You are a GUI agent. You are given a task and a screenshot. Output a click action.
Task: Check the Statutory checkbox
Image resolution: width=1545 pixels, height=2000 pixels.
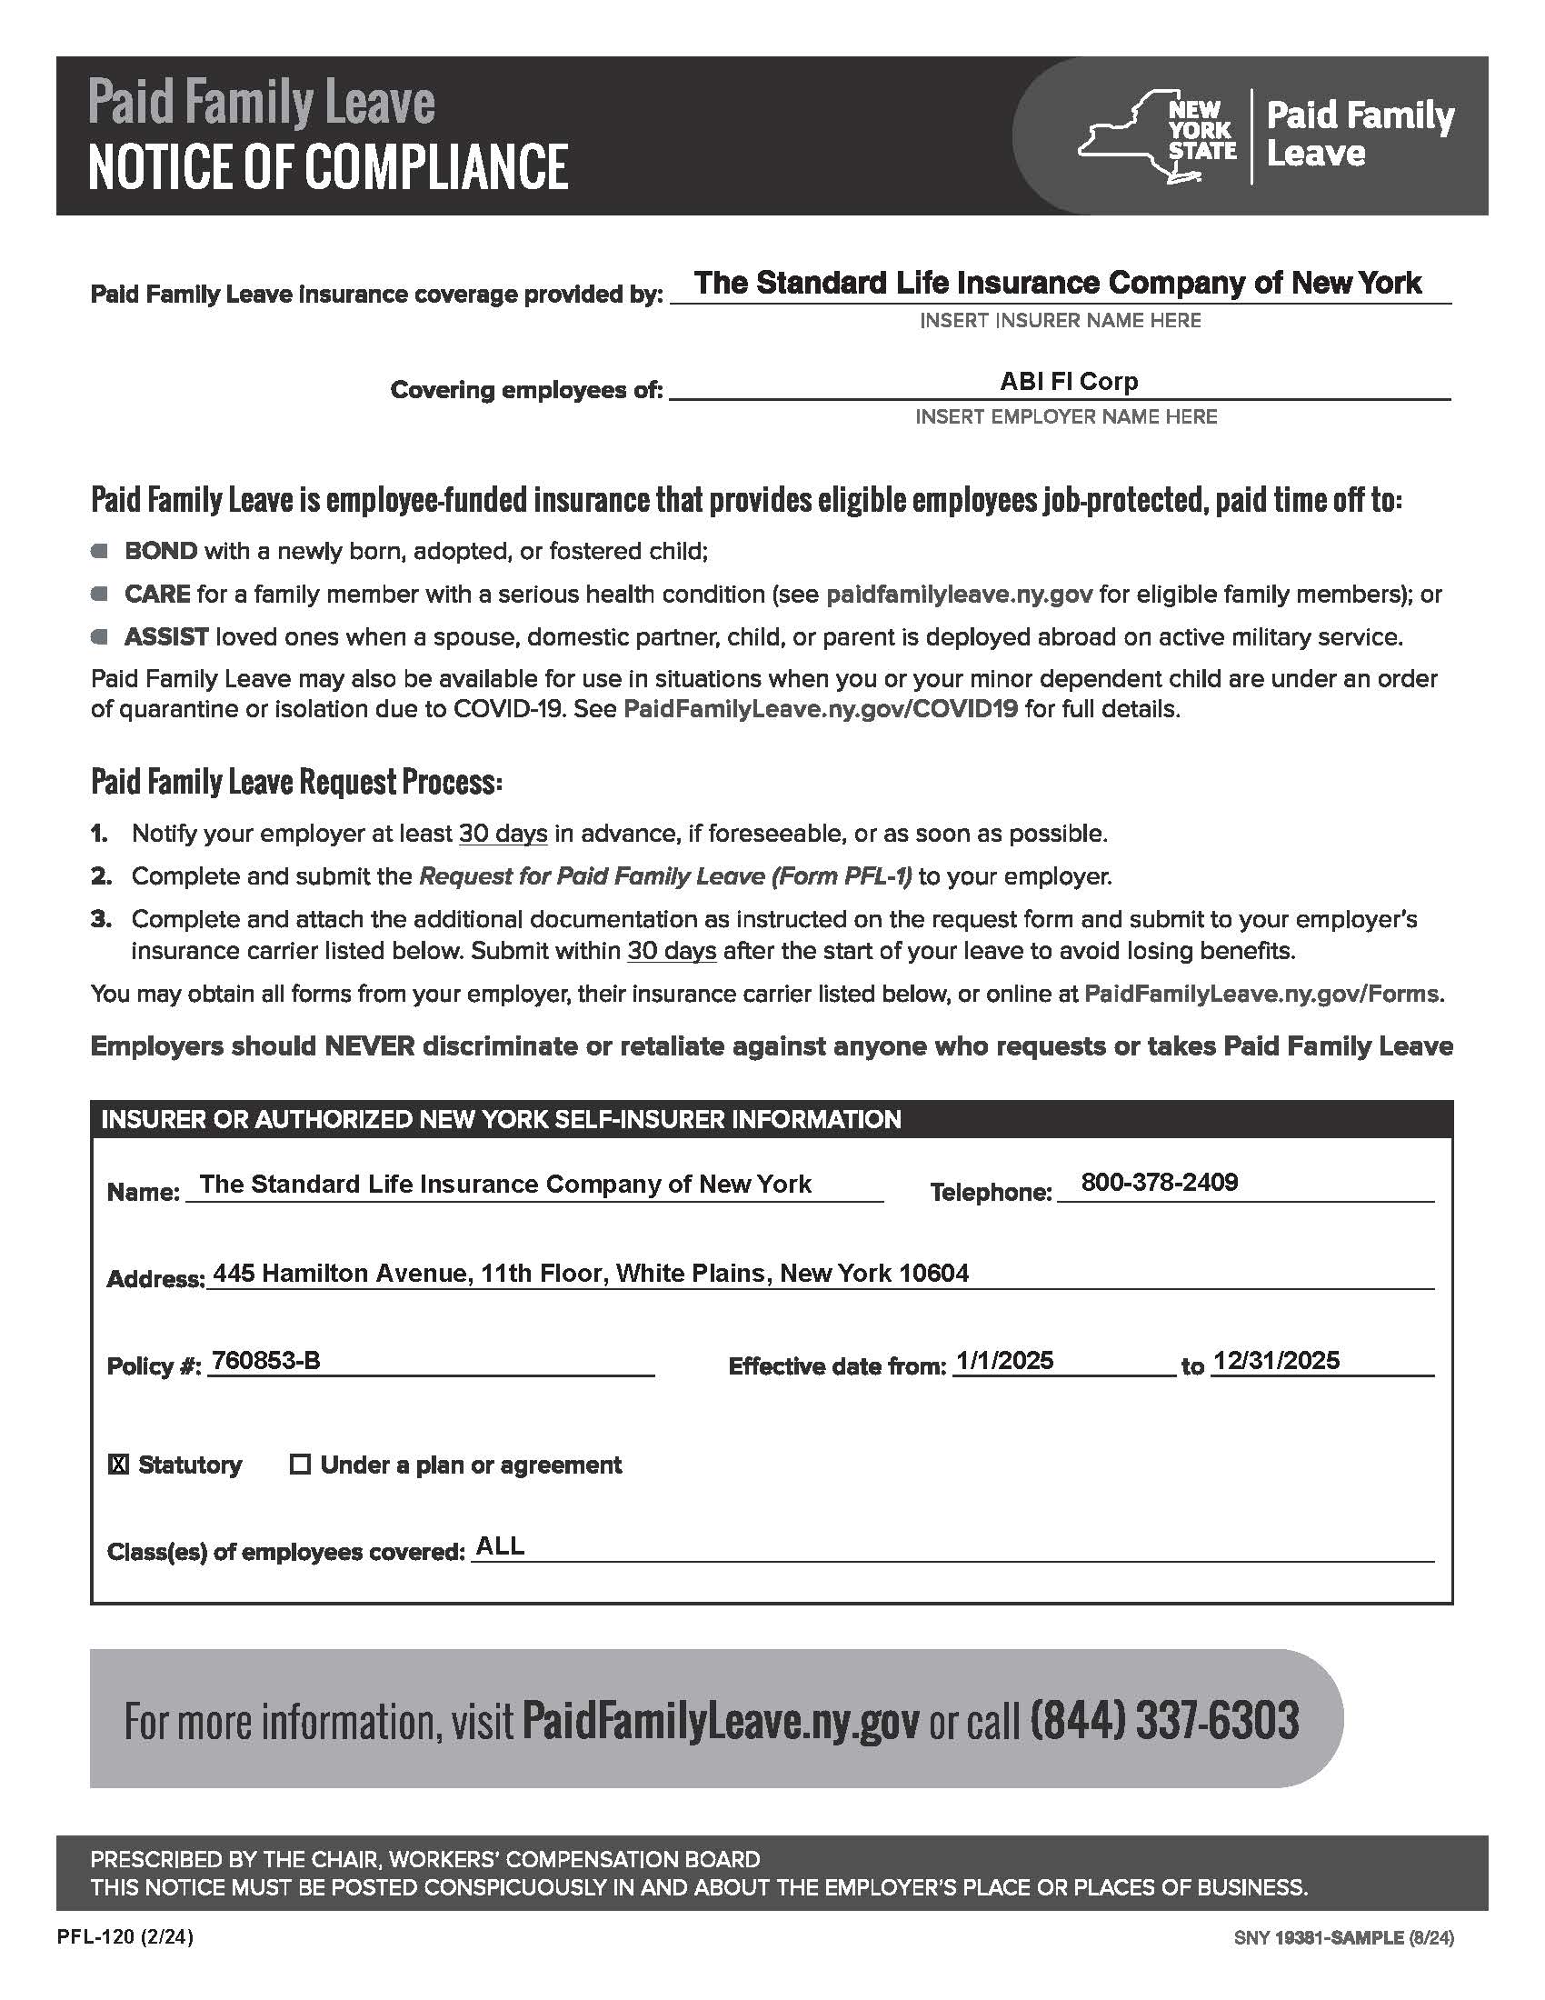(x=119, y=1465)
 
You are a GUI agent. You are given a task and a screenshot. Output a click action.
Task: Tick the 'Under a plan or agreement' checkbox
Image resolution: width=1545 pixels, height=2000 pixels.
(x=300, y=1465)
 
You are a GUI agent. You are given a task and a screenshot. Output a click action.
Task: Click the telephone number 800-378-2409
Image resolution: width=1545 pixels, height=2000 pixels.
(x=1159, y=1182)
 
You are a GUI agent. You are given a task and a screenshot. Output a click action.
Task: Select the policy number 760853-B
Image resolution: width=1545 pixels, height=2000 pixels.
(x=265, y=1361)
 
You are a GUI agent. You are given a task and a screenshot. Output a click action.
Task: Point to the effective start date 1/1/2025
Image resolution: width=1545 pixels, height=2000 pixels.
(x=1003, y=1361)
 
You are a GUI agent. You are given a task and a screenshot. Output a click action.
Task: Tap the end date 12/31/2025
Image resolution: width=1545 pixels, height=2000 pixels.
(x=1276, y=1361)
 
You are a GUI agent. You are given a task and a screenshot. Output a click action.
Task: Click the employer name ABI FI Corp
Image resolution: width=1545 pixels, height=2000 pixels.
(x=1068, y=381)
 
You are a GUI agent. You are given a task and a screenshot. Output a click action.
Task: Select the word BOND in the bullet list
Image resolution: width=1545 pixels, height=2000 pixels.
(x=161, y=551)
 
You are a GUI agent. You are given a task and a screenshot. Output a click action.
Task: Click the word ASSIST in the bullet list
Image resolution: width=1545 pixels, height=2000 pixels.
(x=166, y=637)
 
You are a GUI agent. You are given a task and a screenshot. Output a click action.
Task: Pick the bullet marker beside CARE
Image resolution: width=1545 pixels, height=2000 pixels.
(x=100, y=595)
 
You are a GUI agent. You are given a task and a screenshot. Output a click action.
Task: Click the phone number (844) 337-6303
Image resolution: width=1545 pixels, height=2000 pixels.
(x=1164, y=1720)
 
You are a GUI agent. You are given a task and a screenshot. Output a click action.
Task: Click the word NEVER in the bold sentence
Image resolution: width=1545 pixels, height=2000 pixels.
(x=370, y=1046)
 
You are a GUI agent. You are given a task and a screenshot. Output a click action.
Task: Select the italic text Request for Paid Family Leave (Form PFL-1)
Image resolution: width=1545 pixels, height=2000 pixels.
(x=664, y=876)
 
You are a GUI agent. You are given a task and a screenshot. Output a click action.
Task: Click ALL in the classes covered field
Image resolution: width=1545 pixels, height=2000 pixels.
(x=501, y=1546)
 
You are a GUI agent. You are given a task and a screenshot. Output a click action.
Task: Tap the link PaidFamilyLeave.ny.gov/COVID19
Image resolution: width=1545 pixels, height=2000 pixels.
(x=820, y=710)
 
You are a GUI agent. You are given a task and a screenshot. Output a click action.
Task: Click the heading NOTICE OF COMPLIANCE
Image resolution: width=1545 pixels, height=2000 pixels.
(x=328, y=166)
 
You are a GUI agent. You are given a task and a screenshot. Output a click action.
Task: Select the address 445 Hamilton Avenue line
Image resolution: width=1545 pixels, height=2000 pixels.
(x=591, y=1273)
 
